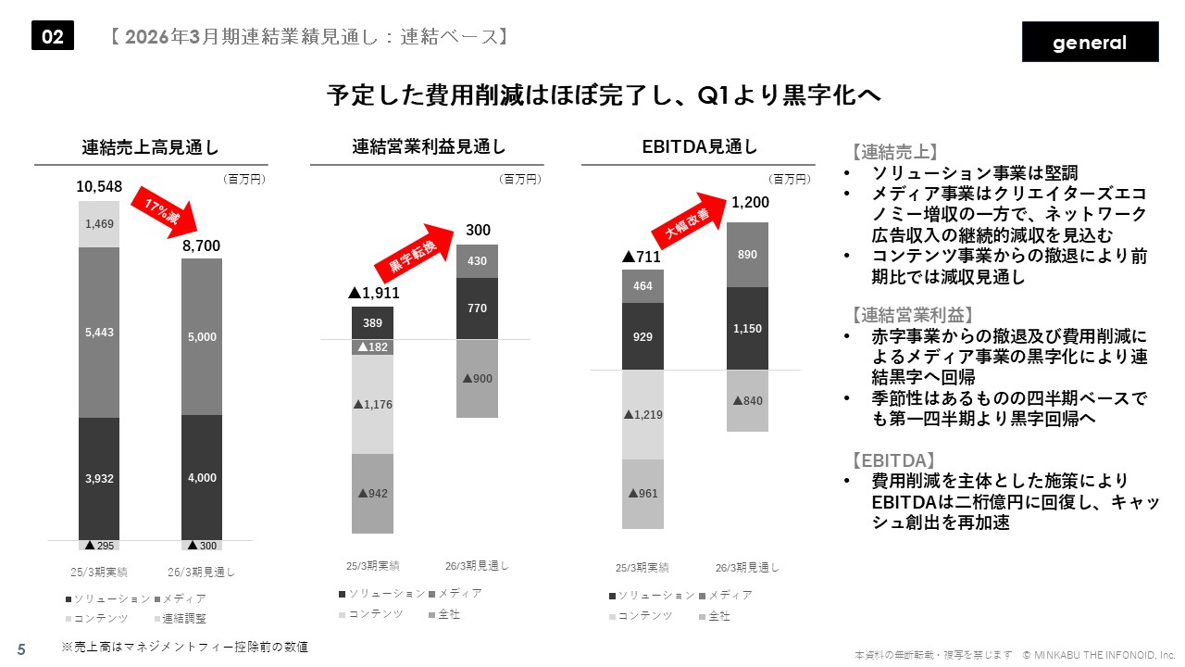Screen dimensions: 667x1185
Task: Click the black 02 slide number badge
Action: pyautogui.click(x=53, y=36)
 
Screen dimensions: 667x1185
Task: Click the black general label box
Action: pyautogui.click(x=1090, y=42)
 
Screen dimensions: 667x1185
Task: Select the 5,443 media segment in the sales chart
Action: pyautogui.click(x=99, y=332)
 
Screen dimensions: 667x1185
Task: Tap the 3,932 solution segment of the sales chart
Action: pyautogui.click(x=99, y=477)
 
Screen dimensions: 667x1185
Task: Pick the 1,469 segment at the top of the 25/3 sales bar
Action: pyautogui.click(x=99, y=223)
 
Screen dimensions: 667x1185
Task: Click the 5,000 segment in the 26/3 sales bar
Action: pyautogui.click(x=202, y=336)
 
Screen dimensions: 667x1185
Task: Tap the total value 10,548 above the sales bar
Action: pyautogui.click(x=99, y=187)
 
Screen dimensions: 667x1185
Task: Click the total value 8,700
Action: pyautogui.click(x=202, y=245)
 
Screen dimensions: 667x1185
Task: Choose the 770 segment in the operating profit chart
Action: pyautogui.click(x=477, y=308)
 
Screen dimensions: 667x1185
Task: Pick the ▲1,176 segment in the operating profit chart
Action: pyautogui.click(x=372, y=404)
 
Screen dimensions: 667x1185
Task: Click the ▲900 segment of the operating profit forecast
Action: pyautogui.click(x=477, y=379)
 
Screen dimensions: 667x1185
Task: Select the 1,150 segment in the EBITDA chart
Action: pyautogui.click(x=747, y=329)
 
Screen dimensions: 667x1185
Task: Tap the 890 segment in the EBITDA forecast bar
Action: pyautogui.click(x=747, y=255)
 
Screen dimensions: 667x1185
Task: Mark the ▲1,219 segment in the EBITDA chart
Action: pyautogui.click(x=642, y=414)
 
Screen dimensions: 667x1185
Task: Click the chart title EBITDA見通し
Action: pyautogui.click(x=699, y=146)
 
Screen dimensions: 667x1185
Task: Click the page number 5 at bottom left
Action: pyautogui.click(x=21, y=649)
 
